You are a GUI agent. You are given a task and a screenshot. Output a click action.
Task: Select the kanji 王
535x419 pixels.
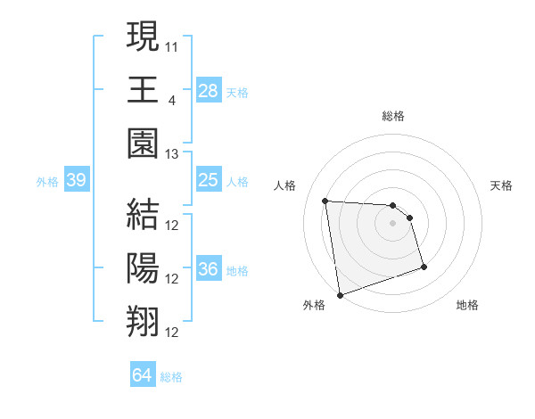pyautogui.click(x=144, y=88)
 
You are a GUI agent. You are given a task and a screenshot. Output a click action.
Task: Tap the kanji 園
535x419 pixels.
pyautogui.click(x=144, y=143)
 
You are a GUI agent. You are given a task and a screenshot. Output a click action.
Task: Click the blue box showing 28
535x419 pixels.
pyautogui.click(x=208, y=90)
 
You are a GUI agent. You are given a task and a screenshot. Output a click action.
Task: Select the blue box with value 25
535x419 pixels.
pyautogui.click(x=208, y=181)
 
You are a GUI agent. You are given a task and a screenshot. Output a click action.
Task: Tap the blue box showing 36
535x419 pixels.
pyautogui.click(x=208, y=269)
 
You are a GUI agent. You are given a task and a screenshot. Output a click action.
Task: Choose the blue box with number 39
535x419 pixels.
pyautogui.click(x=76, y=181)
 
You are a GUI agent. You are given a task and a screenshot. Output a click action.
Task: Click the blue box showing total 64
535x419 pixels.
pyautogui.click(x=142, y=375)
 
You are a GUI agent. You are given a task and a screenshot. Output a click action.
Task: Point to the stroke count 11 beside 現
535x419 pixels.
pyautogui.click(x=172, y=45)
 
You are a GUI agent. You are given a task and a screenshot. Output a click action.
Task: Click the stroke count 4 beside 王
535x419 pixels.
pyautogui.click(x=171, y=99)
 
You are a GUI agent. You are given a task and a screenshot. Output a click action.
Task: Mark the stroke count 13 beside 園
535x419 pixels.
pyautogui.click(x=172, y=154)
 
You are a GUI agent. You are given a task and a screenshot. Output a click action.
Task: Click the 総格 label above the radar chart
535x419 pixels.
pyautogui.click(x=393, y=116)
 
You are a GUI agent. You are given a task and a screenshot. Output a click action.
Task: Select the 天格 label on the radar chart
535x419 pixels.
pyautogui.click(x=502, y=185)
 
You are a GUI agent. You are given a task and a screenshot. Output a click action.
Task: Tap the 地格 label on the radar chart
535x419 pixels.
pyautogui.click(x=467, y=305)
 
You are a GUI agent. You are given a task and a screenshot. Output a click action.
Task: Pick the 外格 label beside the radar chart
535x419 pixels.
pyautogui.click(x=314, y=305)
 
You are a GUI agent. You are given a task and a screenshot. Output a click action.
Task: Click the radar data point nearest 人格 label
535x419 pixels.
pyautogui.click(x=325, y=201)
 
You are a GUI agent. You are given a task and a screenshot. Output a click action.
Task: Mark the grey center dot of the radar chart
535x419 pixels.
pyautogui.click(x=393, y=223)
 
